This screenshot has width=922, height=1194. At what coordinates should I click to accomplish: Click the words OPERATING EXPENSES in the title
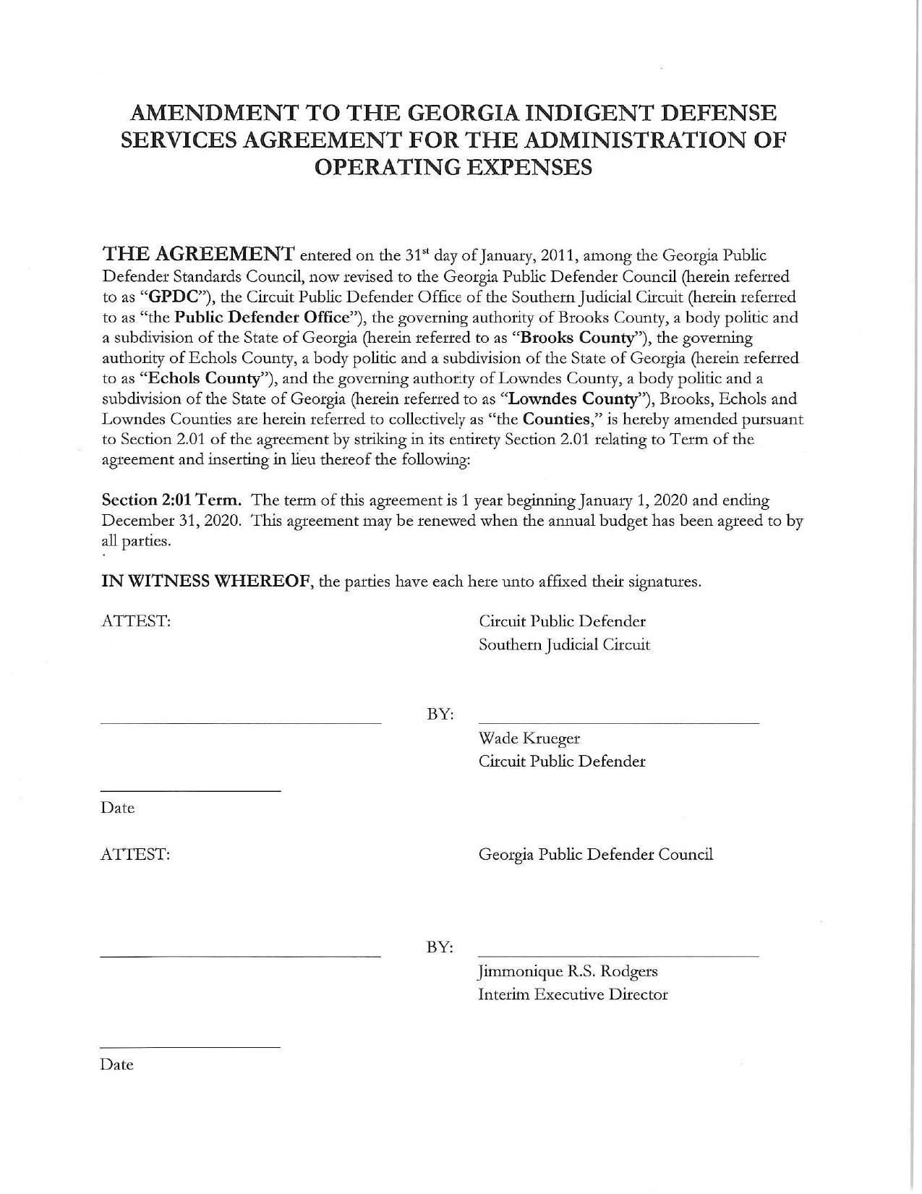point(454,167)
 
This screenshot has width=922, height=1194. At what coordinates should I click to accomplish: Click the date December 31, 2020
point(171,521)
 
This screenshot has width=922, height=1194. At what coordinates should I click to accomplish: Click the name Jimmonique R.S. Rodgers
point(568,971)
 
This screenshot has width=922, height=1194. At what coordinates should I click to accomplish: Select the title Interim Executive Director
point(573,994)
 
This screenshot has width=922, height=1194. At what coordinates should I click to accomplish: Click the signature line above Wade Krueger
point(618,722)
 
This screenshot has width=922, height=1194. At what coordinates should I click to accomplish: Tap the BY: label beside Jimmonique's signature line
point(440,947)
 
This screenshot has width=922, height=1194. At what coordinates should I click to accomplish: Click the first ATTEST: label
point(136,621)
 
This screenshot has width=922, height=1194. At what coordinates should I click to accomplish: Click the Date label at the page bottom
point(117,1065)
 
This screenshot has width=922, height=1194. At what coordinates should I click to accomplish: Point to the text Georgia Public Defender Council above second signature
point(596,854)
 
